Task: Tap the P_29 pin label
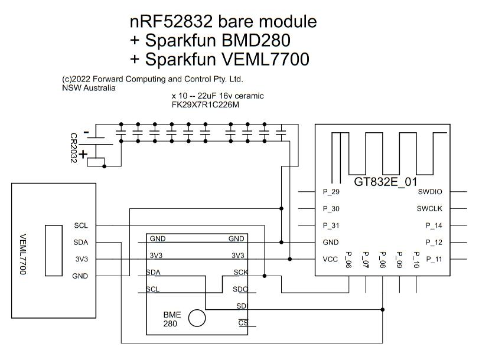coord(331,192)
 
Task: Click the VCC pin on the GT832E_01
coord(330,258)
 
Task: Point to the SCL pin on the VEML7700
coord(81,225)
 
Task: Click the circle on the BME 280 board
coord(197,318)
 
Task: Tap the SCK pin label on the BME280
coord(239,272)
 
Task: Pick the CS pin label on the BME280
coord(242,323)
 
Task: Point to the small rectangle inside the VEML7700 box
coord(54,250)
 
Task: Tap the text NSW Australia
coord(89,87)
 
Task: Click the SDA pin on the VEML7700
coord(81,242)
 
